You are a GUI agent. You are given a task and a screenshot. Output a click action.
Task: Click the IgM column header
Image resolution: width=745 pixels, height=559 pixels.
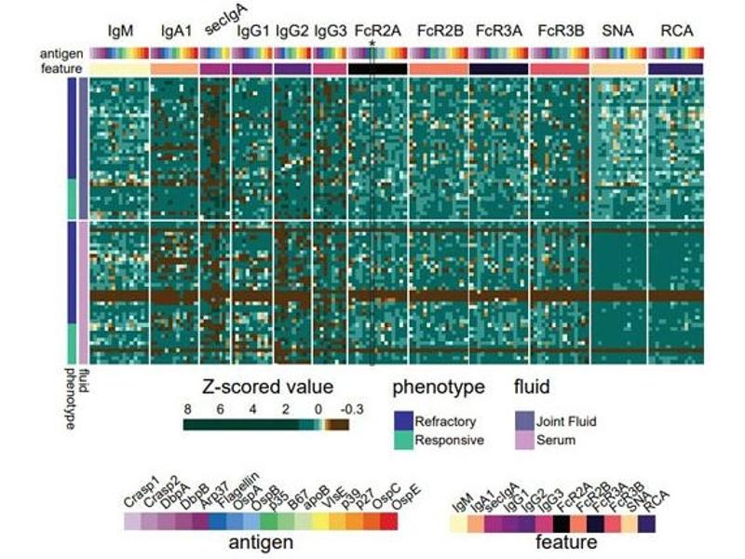tap(121, 30)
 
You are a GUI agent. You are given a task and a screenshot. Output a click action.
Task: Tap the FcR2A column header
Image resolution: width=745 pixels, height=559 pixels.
tap(377, 30)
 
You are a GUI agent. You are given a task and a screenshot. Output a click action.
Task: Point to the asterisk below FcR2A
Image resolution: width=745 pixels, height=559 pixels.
tap(372, 43)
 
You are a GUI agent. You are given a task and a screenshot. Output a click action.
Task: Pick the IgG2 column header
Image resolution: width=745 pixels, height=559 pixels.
tap(292, 30)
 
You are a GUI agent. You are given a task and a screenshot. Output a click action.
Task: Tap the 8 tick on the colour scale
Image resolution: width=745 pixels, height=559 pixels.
tap(188, 408)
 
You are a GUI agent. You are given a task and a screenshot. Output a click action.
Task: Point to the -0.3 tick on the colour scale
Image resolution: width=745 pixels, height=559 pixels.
tap(342, 408)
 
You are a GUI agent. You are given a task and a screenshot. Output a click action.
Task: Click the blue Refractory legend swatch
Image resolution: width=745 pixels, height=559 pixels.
tap(404, 421)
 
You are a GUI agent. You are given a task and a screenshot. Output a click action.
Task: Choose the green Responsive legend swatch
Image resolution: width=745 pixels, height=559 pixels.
tap(404, 440)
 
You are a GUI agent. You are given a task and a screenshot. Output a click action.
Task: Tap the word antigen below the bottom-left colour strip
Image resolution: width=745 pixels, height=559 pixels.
tap(256, 541)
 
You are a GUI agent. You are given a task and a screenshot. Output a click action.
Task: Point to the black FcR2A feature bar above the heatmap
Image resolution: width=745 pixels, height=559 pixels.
tap(377, 69)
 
